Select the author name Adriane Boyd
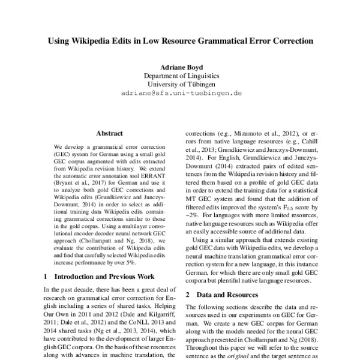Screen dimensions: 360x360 pos(181,67)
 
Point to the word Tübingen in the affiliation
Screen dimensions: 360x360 pos(199,85)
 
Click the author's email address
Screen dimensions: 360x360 pos(181,94)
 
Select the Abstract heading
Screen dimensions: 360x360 pos(110,134)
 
